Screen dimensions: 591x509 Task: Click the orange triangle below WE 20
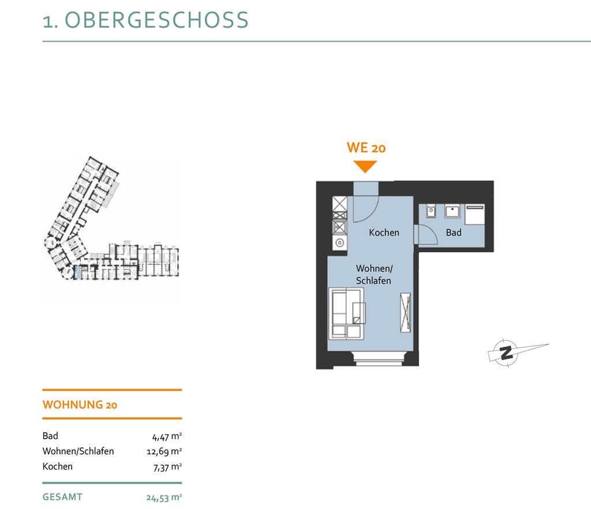click(365, 166)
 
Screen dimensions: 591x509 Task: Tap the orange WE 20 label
click(366, 148)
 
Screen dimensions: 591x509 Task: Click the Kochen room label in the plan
click(384, 233)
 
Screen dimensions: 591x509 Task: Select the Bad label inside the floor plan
click(454, 233)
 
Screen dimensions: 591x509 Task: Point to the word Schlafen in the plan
click(373, 280)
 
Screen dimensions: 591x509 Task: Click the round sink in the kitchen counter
click(339, 242)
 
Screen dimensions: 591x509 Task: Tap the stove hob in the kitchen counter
click(339, 223)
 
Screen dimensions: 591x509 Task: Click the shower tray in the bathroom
click(474, 214)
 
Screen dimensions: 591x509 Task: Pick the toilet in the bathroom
click(431, 211)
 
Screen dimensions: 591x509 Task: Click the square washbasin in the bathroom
click(452, 211)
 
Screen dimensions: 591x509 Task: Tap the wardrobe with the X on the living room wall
click(406, 312)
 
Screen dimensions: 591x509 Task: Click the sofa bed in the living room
click(346, 313)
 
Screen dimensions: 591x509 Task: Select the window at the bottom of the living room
click(380, 359)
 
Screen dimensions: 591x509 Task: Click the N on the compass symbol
click(506, 353)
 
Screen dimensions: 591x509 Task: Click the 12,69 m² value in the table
click(164, 451)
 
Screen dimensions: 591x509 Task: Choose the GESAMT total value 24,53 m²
click(164, 497)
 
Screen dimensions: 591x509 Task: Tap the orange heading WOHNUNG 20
click(80, 405)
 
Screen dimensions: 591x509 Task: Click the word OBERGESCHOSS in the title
click(157, 20)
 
